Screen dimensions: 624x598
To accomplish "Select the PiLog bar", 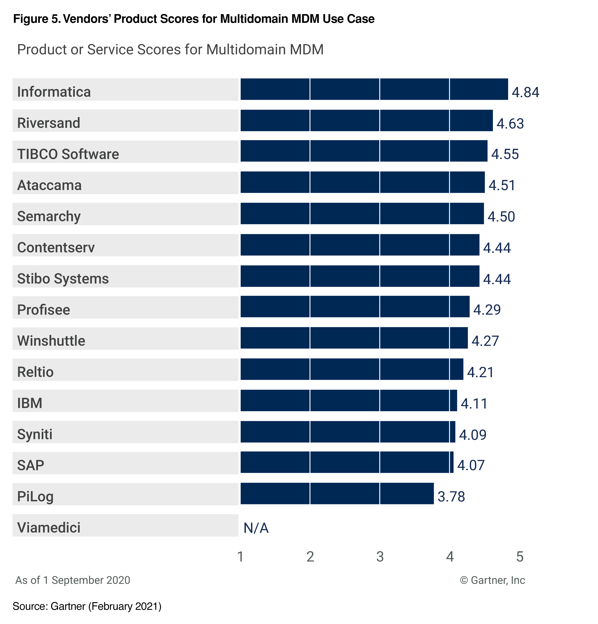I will [337, 493].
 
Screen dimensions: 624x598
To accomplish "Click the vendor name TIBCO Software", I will [68, 154].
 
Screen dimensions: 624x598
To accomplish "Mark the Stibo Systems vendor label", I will [63, 278].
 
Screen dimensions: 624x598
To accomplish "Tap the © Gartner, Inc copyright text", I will [492, 580].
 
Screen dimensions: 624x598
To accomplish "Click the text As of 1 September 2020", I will [73, 580].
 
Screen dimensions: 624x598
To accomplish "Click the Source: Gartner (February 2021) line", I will [87, 606].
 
